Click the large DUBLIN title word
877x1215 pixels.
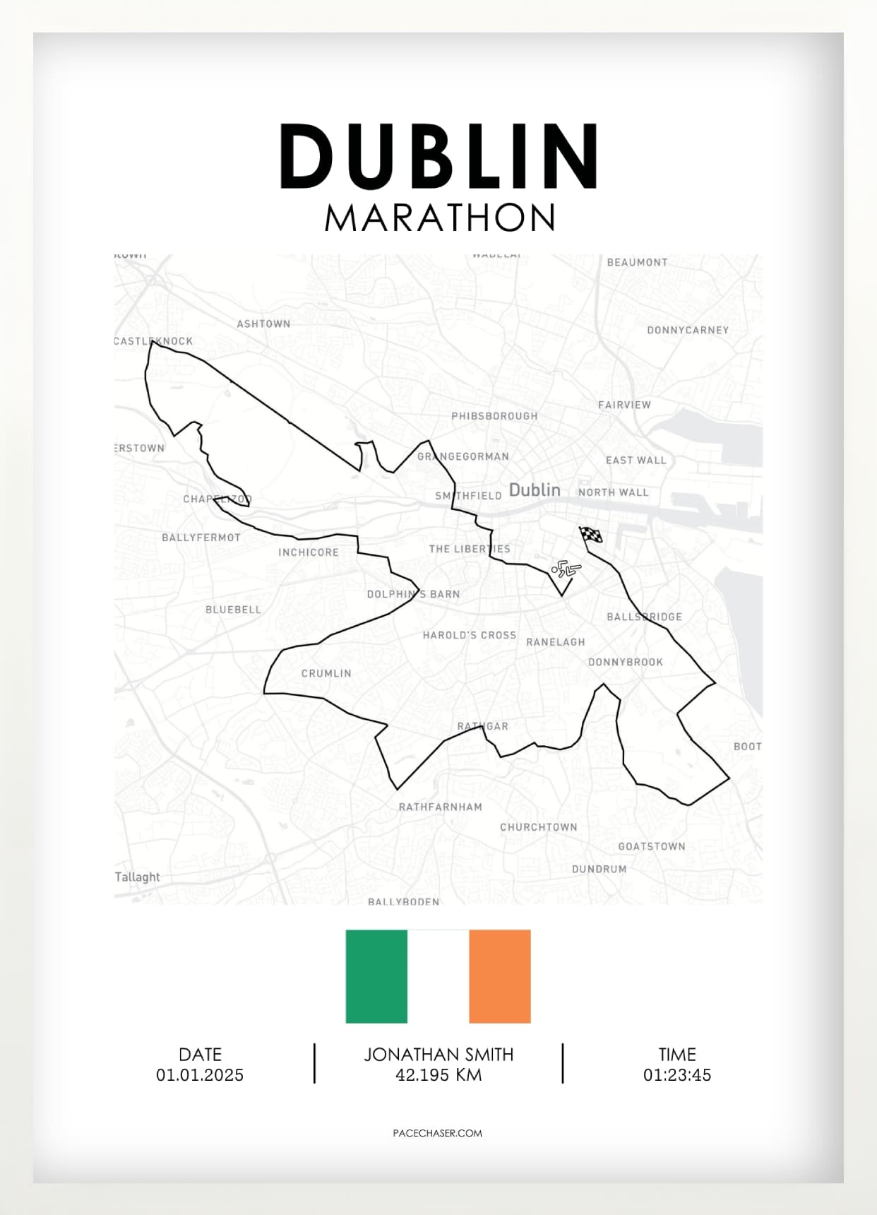tap(439, 156)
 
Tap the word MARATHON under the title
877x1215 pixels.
tap(439, 218)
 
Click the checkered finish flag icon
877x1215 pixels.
tap(591, 535)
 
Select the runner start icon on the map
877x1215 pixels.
tap(566, 569)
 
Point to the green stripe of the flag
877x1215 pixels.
tap(376, 976)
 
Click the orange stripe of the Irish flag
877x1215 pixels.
tap(500, 976)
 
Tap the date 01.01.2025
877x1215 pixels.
tap(200, 1075)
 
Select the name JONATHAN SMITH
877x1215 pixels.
tap(438, 1055)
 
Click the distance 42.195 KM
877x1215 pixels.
tap(438, 1075)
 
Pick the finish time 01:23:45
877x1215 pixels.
tap(677, 1075)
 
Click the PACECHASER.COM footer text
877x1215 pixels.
tap(438, 1133)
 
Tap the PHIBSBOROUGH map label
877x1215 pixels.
tap(494, 416)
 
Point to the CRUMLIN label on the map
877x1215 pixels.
tap(326, 673)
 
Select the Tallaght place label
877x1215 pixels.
tap(138, 877)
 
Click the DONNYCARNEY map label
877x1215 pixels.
tap(688, 330)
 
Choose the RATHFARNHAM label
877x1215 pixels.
tap(441, 807)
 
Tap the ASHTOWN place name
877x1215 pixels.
tap(263, 324)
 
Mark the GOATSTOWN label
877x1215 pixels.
tap(652, 846)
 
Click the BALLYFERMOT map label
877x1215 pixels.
tap(201, 538)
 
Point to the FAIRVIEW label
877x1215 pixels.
tap(624, 405)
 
